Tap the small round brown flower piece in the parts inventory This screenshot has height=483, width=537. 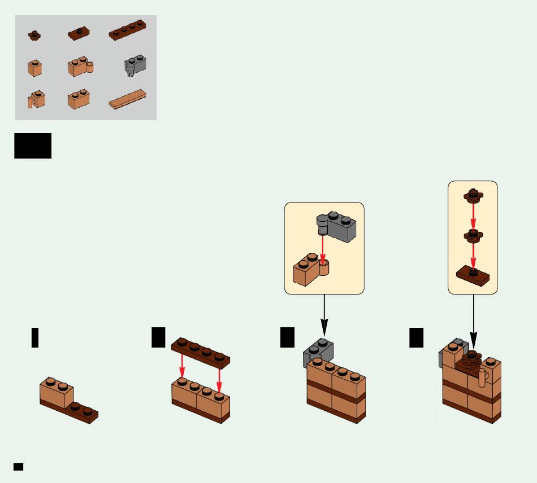click(x=34, y=35)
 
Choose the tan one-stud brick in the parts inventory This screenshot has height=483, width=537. click(x=34, y=68)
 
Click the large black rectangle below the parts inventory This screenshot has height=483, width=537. click(x=33, y=146)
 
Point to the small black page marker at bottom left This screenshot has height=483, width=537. click(x=18, y=467)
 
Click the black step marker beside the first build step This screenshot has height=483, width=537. click(x=35, y=337)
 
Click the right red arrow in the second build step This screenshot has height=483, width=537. click(x=219, y=381)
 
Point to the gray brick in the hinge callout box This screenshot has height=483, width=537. click(x=339, y=227)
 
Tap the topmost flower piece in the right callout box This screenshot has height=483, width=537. click(x=473, y=196)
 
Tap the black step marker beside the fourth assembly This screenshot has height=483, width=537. click(x=417, y=337)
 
